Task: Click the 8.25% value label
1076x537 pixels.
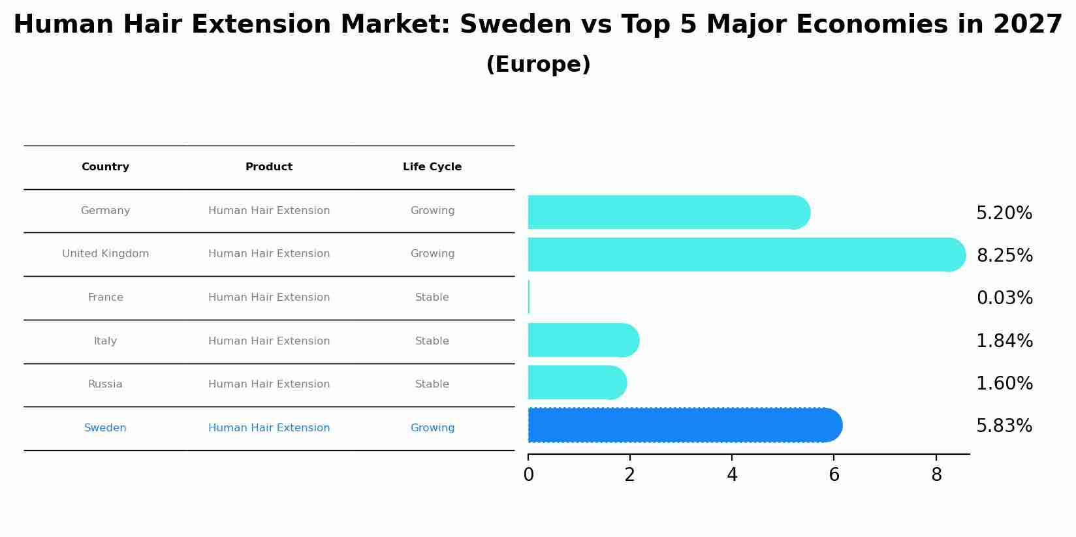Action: (x=1004, y=256)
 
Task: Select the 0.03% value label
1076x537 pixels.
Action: (x=1004, y=298)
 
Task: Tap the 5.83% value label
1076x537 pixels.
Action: (x=1004, y=426)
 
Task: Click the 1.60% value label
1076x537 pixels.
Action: (x=1004, y=384)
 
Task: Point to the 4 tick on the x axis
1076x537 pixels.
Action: (x=732, y=475)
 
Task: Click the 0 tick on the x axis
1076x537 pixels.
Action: (x=528, y=475)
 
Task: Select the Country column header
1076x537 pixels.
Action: (x=105, y=167)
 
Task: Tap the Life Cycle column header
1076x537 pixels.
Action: (x=432, y=167)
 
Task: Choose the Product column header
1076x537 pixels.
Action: (x=269, y=167)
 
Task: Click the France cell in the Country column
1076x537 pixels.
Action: (x=105, y=298)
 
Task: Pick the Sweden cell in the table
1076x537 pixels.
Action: (x=105, y=428)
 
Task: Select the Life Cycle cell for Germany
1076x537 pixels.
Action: (x=432, y=211)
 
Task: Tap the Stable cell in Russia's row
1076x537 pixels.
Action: (x=432, y=384)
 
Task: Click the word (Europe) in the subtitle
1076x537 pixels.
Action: (x=538, y=65)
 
